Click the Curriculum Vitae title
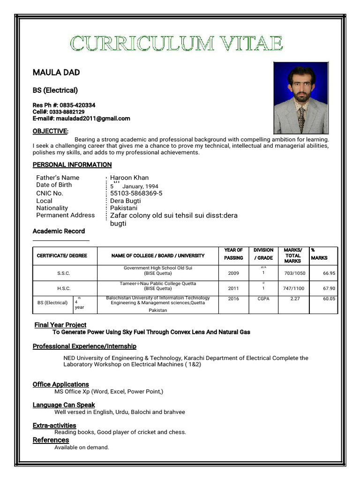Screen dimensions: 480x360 pyautogui.click(x=177, y=44)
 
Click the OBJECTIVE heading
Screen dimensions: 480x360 pyautogui.click(x=50, y=131)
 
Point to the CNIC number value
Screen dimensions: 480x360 pyautogui.click(x=136, y=193)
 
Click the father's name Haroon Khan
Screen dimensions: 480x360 pyautogui.click(x=129, y=178)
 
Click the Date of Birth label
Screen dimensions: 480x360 pyautogui.click(x=54, y=185)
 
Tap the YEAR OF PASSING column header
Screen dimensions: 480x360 pyautogui.click(x=233, y=254)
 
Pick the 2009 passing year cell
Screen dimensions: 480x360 pyautogui.click(x=233, y=273)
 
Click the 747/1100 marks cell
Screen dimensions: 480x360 pyautogui.click(x=294, y=288)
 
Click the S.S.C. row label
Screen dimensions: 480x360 pyautogui.click(x=64, y=273)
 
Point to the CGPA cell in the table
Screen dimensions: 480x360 pyautogui.click(x=263, y=299)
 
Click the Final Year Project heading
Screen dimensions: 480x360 pyautogui.click(x=60, y=325)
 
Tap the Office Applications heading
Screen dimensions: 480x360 pyautogui.click(x=60, y=384)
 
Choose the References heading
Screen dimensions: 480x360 pyautogui.click(x=51, y=440)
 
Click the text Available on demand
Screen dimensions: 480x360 pyautogui.click(x=82, y=447)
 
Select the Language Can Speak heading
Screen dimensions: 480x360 pyautogui.click(x=64, y=405)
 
